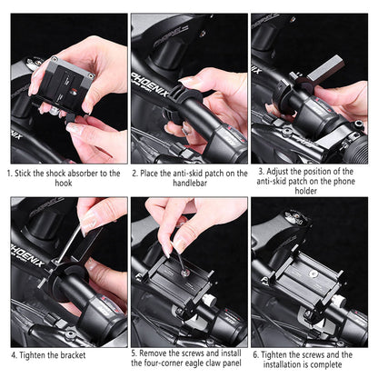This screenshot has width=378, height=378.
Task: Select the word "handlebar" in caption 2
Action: (x=188, y=182)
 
